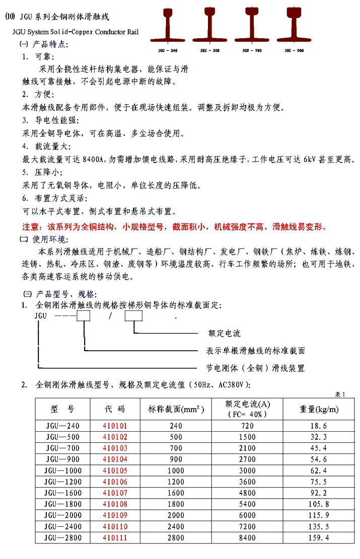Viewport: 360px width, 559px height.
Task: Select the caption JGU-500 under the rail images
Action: click(210, 51)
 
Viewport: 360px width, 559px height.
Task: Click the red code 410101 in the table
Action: click(115, 426)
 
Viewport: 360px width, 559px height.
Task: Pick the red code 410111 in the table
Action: click(115, 538)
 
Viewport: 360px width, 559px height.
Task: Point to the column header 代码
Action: click(115, 409)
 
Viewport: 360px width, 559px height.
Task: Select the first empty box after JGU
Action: click(83, 316)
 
